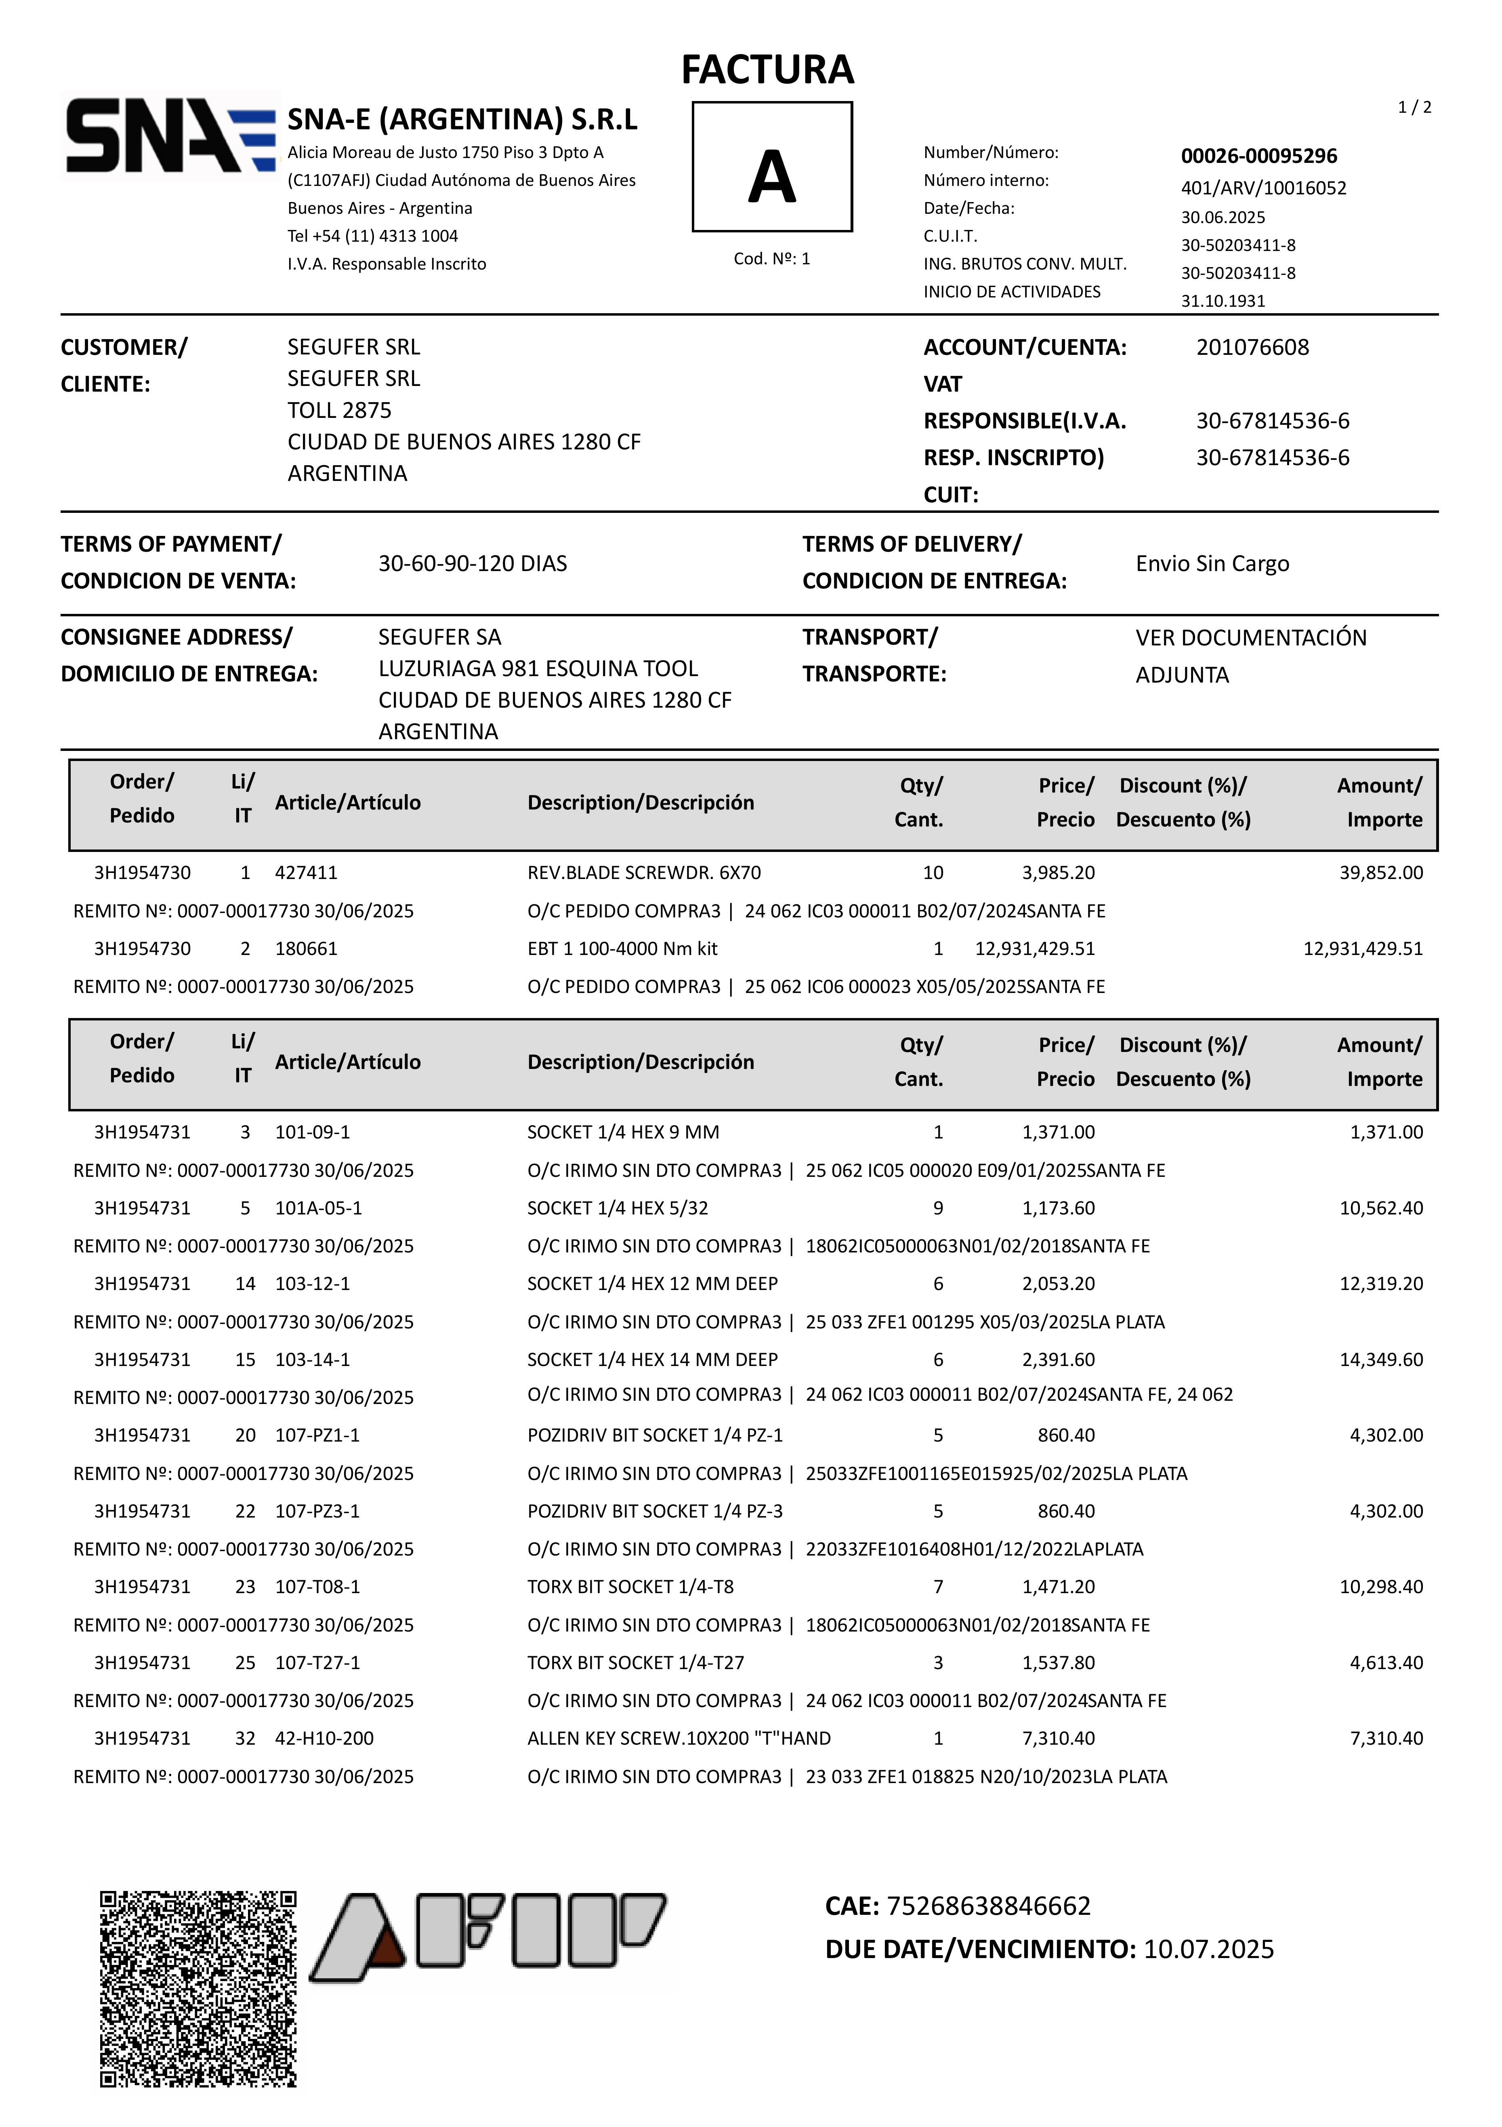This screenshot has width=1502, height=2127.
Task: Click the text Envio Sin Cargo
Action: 1212,563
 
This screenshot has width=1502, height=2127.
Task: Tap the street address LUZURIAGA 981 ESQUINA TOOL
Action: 538,669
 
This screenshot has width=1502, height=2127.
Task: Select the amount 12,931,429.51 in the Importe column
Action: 1362,949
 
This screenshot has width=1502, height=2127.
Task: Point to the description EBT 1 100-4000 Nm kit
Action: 622,949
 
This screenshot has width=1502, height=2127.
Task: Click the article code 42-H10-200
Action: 324,1739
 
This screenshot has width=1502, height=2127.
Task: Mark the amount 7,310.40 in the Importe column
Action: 1385,1739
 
